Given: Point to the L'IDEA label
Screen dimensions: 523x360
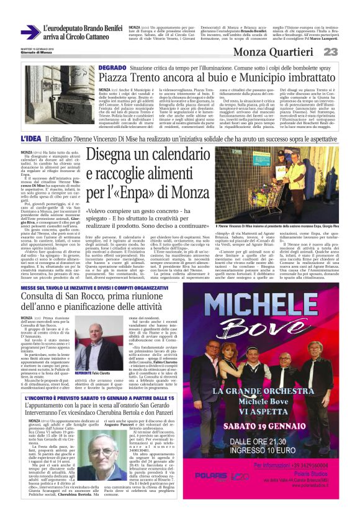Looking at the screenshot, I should click(31, 139).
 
